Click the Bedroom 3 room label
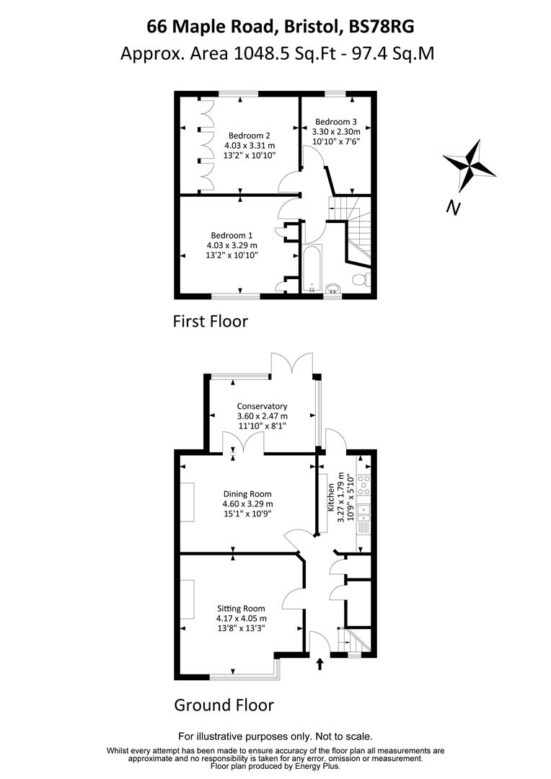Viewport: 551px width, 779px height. click(335, 121)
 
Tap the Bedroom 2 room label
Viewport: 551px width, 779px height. click(250, 135)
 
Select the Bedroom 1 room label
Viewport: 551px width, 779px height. click(232, 235)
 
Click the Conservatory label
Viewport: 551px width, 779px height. click(262, 406)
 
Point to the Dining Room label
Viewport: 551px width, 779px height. click(247, 494)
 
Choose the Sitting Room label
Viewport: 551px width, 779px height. click(241, 608)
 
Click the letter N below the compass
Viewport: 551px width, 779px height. click(453, 208)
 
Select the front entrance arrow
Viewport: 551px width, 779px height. click(320, 664)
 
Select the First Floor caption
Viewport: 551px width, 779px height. click(210, 321)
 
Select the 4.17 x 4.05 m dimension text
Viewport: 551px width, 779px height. click(241, 618)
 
